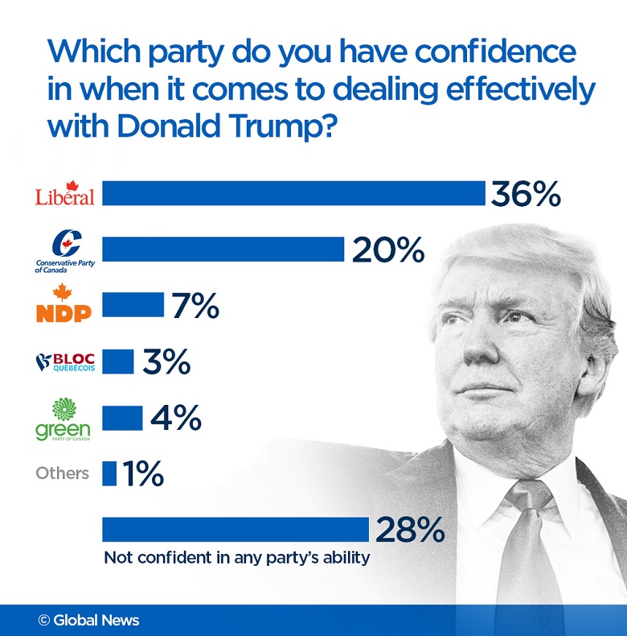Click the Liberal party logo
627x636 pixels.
pos(64,193)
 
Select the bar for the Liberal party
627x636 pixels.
pos(293,194)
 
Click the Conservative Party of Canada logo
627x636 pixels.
pos(64,250)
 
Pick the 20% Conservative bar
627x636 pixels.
pos(223,250)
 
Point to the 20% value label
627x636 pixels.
pos(387,250)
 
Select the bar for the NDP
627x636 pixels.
pos(133,305)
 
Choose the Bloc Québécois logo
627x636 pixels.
pos(64,361)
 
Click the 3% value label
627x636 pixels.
pos(166,361)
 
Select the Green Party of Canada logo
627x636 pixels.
pos(64,419)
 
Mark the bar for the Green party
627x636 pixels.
pos(122,418)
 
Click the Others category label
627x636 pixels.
pos(62,473)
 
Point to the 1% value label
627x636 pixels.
pos(144,473)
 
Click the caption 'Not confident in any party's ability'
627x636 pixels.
pos(237,557)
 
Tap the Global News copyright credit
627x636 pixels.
pos(88,620)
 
